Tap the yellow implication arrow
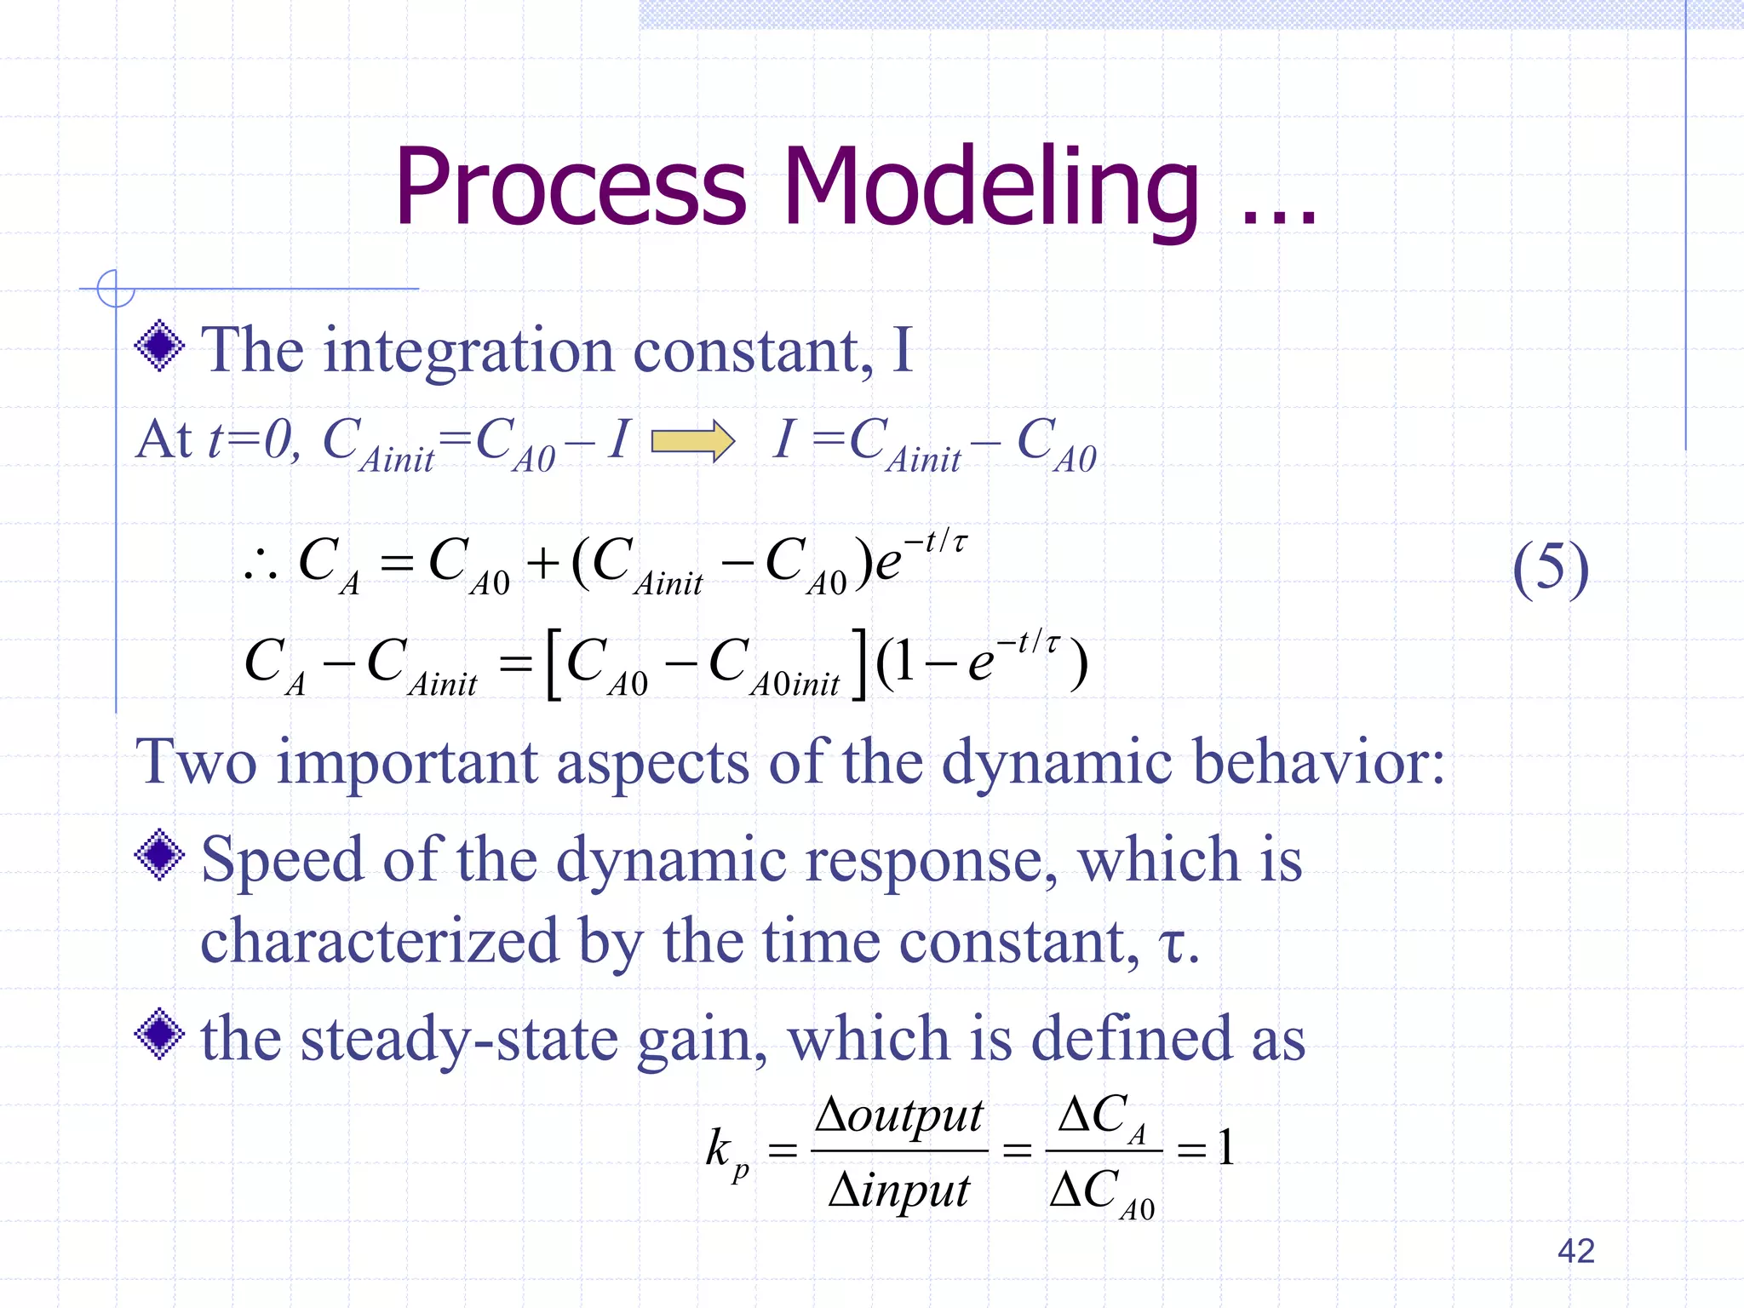tap(692, 441)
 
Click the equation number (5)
tap(1550, 568)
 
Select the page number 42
tap(1575, 1251)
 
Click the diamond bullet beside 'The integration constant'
tap(159, 347)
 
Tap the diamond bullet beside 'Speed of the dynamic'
tap(159, 855)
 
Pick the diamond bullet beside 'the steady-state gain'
tap(159, 1034)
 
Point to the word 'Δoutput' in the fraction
tap(899, 1116)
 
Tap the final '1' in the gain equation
tap(1225, 1148)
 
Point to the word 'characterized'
tap(379, 942)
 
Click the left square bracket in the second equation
tap(554, 664)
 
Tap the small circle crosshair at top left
tap(115, 289)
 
